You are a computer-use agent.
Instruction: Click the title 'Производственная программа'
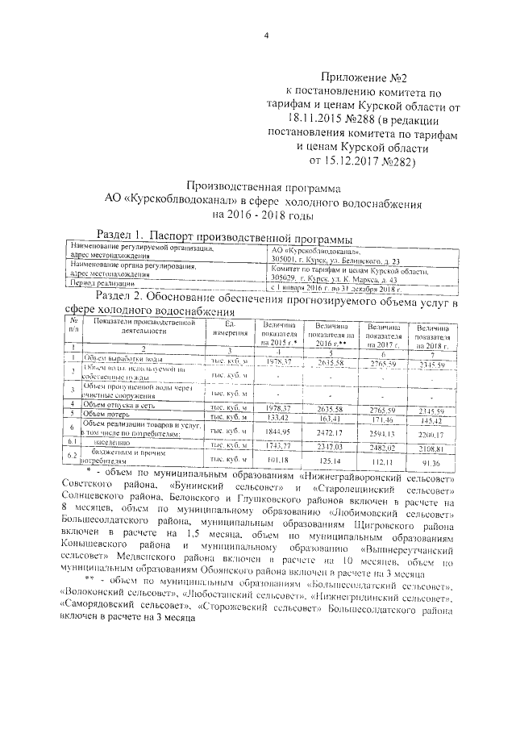pyautogui.click(x=266, y=186)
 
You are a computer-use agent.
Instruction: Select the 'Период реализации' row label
pyautogui.click(x=100, y=285)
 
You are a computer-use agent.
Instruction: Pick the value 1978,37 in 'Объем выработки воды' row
pyautogui.click(x=275, y=362)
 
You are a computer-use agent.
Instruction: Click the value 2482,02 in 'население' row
pyautogui.click(x=383, y=446)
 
